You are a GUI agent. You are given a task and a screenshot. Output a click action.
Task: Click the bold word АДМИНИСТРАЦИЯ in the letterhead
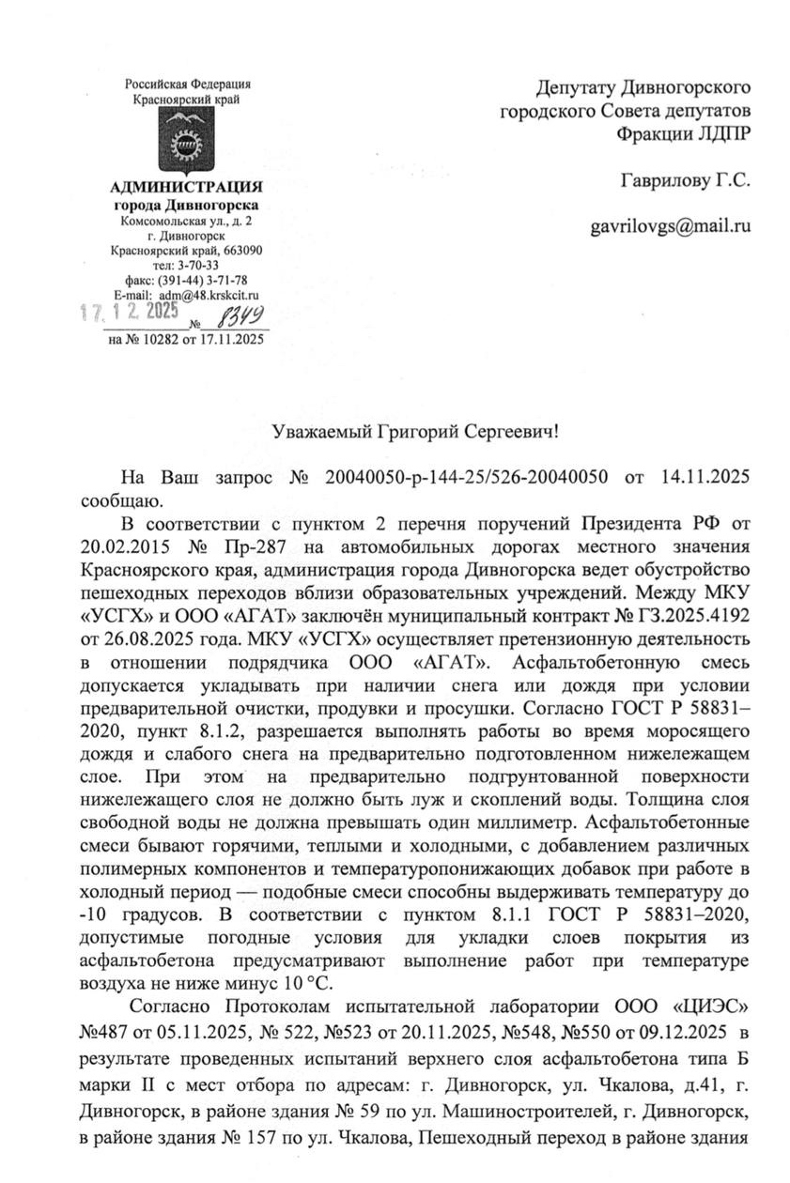(186, 187)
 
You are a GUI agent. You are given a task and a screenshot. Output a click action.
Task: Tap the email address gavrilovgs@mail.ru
(670, 226)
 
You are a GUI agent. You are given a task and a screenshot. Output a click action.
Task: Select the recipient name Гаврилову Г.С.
(685, 178)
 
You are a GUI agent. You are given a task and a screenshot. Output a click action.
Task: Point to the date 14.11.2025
(701, 478)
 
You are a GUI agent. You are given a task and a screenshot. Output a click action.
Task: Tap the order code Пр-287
(248, 546)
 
